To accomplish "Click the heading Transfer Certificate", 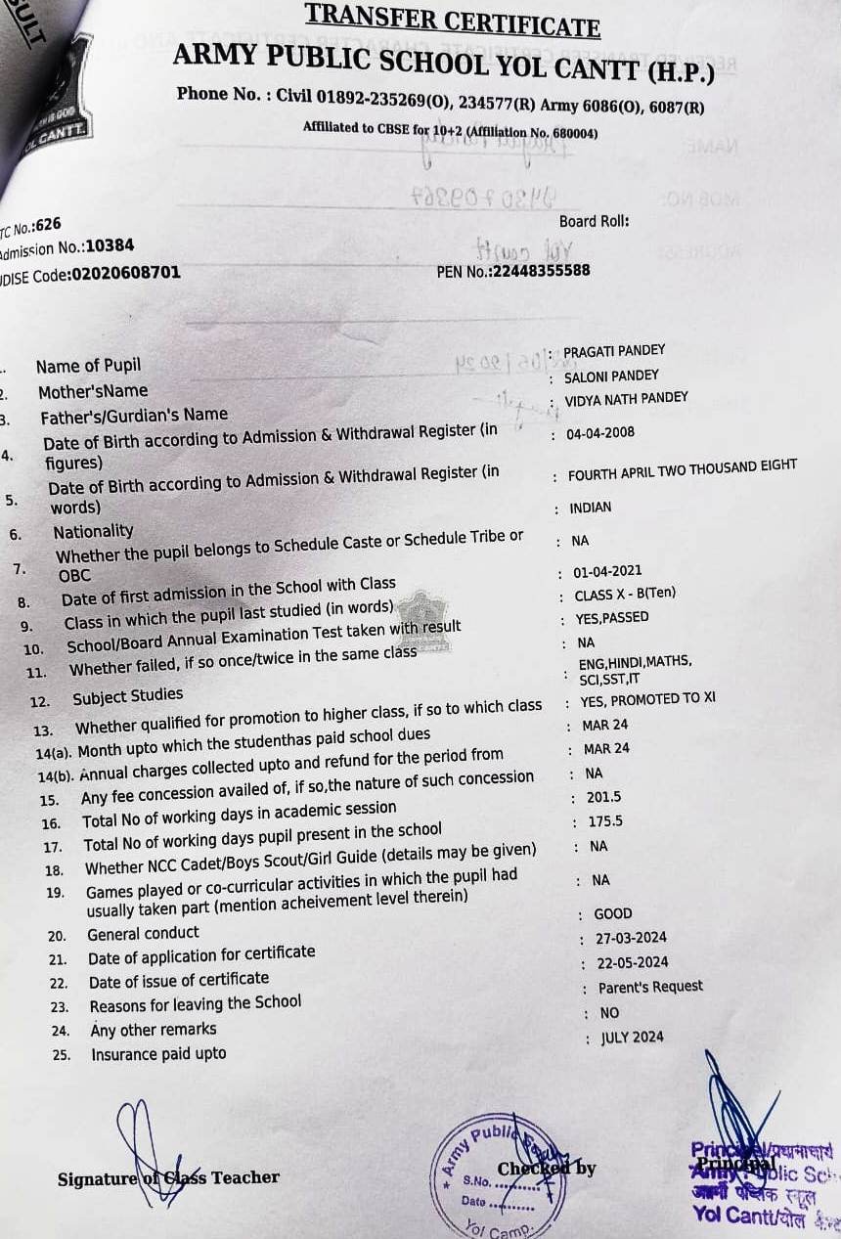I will pyautogui.click(x=452, y=19).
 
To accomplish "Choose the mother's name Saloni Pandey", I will pyautogui.click(x=611, y=376).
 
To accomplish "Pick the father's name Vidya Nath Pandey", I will pyautogui.click(x=626, y=398).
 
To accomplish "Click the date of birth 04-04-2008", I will pyautogui.click(x=600, y=433).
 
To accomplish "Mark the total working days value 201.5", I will pyautogui.click(x=604, y=797).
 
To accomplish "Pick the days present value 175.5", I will pyautogui.click(x=605, y=821).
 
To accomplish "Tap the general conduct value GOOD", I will pyautogui.click(x=613, y=913).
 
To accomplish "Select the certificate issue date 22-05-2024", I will pyautogui.click(x=633, y=962).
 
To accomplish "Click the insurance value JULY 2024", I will pyautogui.click(x=632, y=1038).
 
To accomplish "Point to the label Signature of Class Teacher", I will pyautogui.click(x=168, y=1177).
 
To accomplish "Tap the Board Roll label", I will pyautogui.click(x=595, y=222).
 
